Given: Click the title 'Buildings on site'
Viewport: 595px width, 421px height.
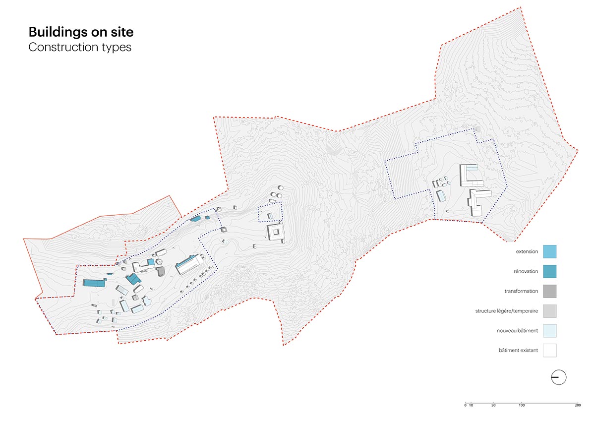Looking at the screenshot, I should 81,32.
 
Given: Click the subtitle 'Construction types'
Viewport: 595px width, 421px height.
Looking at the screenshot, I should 80,48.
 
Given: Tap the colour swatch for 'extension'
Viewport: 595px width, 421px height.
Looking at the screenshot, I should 549,251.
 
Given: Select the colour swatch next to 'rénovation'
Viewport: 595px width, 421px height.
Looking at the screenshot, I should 549,271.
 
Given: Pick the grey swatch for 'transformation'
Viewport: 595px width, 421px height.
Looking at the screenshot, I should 549,291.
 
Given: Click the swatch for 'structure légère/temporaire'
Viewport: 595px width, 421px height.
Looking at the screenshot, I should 549,311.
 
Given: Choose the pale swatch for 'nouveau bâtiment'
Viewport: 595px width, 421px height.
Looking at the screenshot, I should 549,331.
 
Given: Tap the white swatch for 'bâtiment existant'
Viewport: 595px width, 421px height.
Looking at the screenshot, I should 549,351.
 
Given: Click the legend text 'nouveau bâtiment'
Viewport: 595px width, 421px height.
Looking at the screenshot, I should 517,331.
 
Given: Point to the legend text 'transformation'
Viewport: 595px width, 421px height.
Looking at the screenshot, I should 521,291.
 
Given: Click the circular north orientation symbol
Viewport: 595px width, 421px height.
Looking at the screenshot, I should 559,377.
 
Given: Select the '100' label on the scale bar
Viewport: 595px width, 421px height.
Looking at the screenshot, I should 522,406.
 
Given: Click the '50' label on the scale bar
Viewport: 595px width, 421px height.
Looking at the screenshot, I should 493,406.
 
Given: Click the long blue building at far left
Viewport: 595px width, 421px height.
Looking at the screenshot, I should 94,283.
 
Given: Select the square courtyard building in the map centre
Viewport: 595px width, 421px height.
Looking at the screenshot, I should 275,232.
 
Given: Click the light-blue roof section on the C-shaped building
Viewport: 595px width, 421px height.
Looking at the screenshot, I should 472,168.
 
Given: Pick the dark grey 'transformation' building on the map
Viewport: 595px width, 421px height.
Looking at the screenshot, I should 161,271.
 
